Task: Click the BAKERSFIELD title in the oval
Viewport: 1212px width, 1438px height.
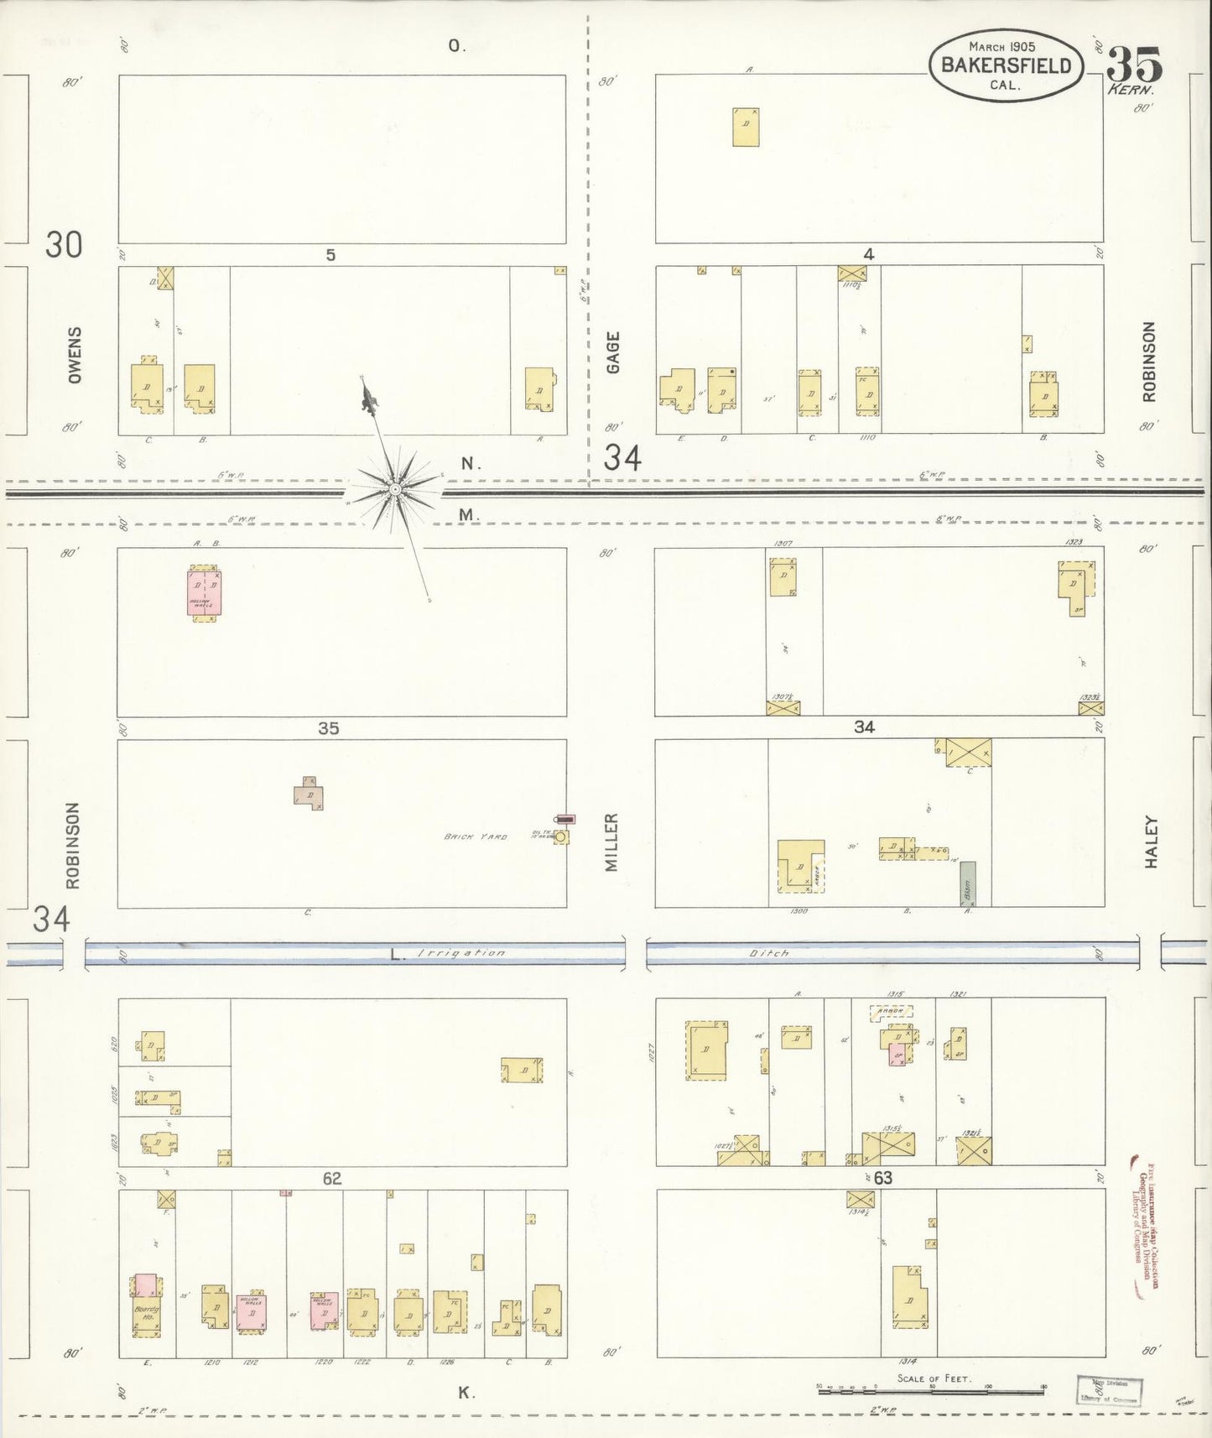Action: coord(1006,65)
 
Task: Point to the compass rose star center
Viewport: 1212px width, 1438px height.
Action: coord(393,487)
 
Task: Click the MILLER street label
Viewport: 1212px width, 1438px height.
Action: coord(611,841)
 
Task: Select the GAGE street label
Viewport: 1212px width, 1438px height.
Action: coord(613,352)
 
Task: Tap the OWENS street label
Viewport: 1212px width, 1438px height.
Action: coord(75,356)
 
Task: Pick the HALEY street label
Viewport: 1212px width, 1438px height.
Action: coord(1150,842)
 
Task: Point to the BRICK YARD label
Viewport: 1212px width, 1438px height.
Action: coord(475,836)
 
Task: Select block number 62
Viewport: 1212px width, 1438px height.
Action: coord(332,1179)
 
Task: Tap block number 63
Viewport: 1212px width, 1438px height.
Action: coord(882,1178)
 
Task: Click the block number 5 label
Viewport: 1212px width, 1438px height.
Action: coord(330,255)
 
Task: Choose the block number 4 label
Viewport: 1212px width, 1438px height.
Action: coord(869,254)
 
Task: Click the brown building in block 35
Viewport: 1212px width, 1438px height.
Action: coord(309,794)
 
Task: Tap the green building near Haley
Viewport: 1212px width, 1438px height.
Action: coord(968,883)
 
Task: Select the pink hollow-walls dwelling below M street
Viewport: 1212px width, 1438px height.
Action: coord(204,593)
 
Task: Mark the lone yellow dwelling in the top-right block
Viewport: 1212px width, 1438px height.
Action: coord(745,127)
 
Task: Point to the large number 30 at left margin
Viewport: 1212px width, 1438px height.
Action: coord(64,245)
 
